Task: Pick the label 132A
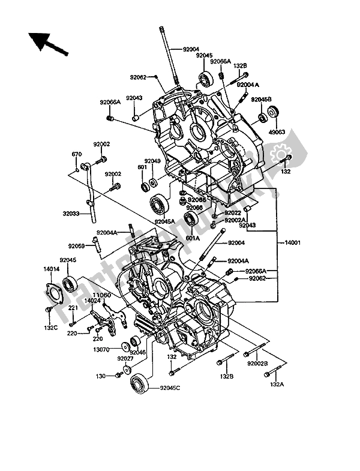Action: pyautogui.click(x=277, y=383)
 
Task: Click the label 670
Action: pyautogui.click(x=76, y=155)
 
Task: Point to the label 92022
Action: pyautogui.click(x=233, y=213)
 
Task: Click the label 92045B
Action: pyautogui.click(x=261, y=99)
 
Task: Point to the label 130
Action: pyautogui.click(x=101, y=376)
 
